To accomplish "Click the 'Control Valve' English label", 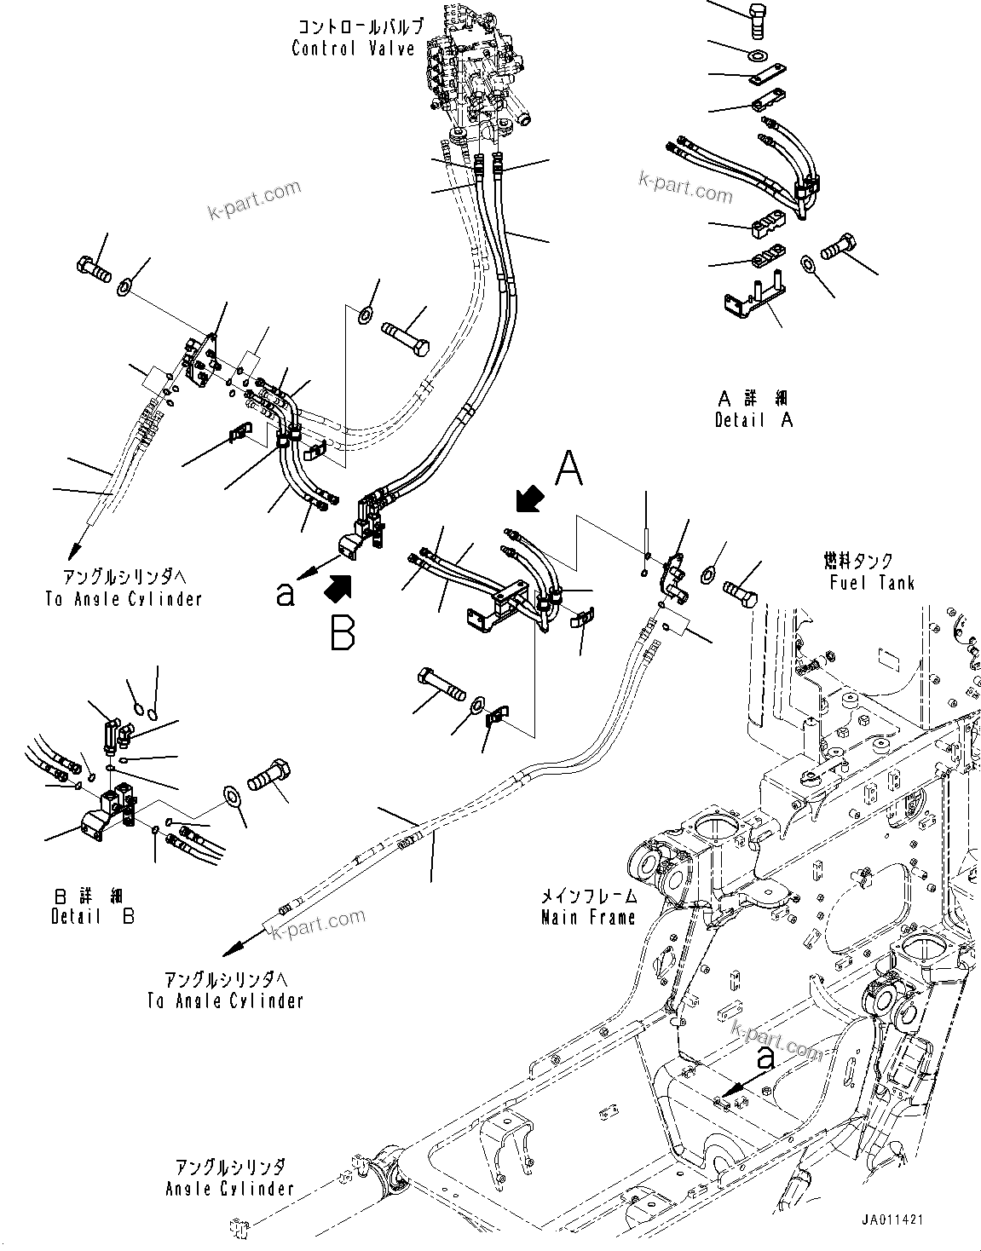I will point(353,49).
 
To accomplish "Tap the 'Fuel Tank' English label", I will point(871,583).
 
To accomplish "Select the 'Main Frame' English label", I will point(588,918).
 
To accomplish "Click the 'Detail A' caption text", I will point(754,420).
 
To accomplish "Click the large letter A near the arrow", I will point(569,470).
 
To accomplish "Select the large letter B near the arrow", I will point(343,632).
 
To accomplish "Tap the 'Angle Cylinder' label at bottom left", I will point(230,1188).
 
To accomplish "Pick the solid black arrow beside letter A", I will point(530,499).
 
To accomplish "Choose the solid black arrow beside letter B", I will point(338,587).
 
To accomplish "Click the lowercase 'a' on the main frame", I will point(765,1059).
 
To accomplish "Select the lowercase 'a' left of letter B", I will point(285,595).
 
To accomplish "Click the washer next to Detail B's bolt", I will point(231,796).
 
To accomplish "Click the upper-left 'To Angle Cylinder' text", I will point(124,599).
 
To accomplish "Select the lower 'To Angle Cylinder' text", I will point(225,1000).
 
